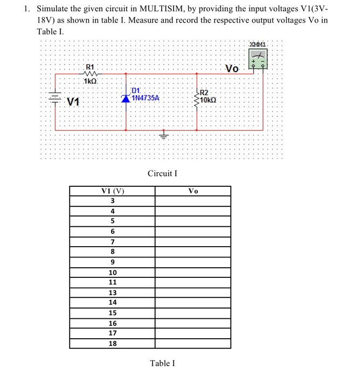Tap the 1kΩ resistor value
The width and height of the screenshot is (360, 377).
(x=90, y=81)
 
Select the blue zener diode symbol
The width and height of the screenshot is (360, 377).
(x=126, y=99)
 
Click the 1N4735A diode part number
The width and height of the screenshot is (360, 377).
(x=145, y=99)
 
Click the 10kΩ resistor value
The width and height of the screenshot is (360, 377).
(x=208, y=100)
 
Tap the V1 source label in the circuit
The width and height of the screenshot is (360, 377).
(x=73, y=102)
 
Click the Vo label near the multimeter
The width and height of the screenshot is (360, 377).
(x=232, y=69)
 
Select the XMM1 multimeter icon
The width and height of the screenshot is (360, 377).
(x=258, y=59)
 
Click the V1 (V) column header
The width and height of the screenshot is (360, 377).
(x=113, y=191)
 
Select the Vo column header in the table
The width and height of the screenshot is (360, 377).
(x=193, y=191)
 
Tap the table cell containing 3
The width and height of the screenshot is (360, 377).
(x=113, y=201)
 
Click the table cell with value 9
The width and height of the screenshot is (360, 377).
(x=113, y=262)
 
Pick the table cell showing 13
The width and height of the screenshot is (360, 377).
(x=113, y=292)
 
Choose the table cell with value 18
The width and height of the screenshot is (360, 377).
(x=113, y=343)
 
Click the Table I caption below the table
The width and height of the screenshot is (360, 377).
(x=162, y=363)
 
